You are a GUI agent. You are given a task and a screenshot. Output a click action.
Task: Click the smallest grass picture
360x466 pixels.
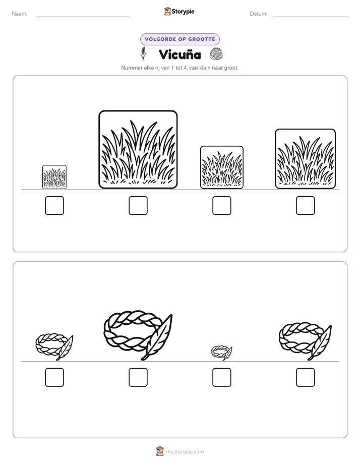tap(54, 177)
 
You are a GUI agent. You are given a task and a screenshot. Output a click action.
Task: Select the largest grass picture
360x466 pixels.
tap(138, 149)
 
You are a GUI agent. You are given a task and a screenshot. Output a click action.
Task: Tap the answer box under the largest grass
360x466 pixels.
tap(138, 205)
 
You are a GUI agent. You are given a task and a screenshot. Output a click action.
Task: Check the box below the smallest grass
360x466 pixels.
tap(54, 205)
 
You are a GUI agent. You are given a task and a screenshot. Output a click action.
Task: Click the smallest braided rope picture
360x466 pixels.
tap(221, 353)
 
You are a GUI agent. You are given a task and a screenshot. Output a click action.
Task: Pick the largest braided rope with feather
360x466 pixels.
tap(138, 335)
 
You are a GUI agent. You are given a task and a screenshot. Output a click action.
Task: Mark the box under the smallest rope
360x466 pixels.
tap(221, 377)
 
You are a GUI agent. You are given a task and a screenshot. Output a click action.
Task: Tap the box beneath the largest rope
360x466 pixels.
tap(138, 377)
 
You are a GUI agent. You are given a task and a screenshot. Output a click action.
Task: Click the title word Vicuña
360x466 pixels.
tap(180, 54)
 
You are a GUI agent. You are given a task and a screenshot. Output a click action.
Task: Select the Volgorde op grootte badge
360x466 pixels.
tap(180, 39)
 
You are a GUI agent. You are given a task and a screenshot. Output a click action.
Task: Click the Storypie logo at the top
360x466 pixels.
tap(179, 12)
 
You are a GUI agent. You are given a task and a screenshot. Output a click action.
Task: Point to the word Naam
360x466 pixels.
tap(20, 14)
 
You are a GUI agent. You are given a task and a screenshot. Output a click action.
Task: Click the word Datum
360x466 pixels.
tap(259, 14)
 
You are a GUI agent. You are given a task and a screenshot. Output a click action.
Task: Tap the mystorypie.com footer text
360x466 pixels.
tap(185, 452)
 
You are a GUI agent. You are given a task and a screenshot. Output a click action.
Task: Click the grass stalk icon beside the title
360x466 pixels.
tap(144, 53)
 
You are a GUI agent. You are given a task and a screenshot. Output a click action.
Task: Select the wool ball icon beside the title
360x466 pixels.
tap(216, 54)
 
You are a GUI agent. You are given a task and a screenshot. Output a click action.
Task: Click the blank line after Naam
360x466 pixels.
tap(83, 17)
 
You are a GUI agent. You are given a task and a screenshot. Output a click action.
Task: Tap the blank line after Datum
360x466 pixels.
tap(311, 17)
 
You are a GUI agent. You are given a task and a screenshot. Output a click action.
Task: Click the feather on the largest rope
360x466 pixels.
tap(157, 337)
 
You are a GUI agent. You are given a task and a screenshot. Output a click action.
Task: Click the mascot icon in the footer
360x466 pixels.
tap(160, 451)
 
